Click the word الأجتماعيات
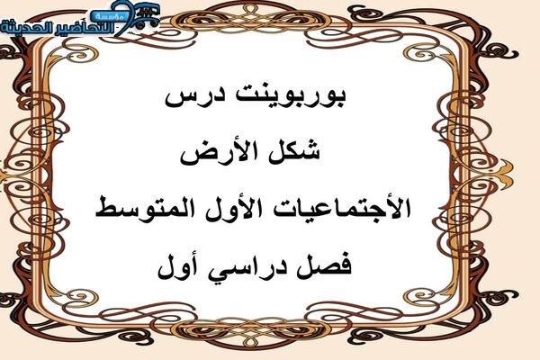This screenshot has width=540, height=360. click(x=337, y=207)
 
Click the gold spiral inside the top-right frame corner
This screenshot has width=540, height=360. click(x=422, y=55)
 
